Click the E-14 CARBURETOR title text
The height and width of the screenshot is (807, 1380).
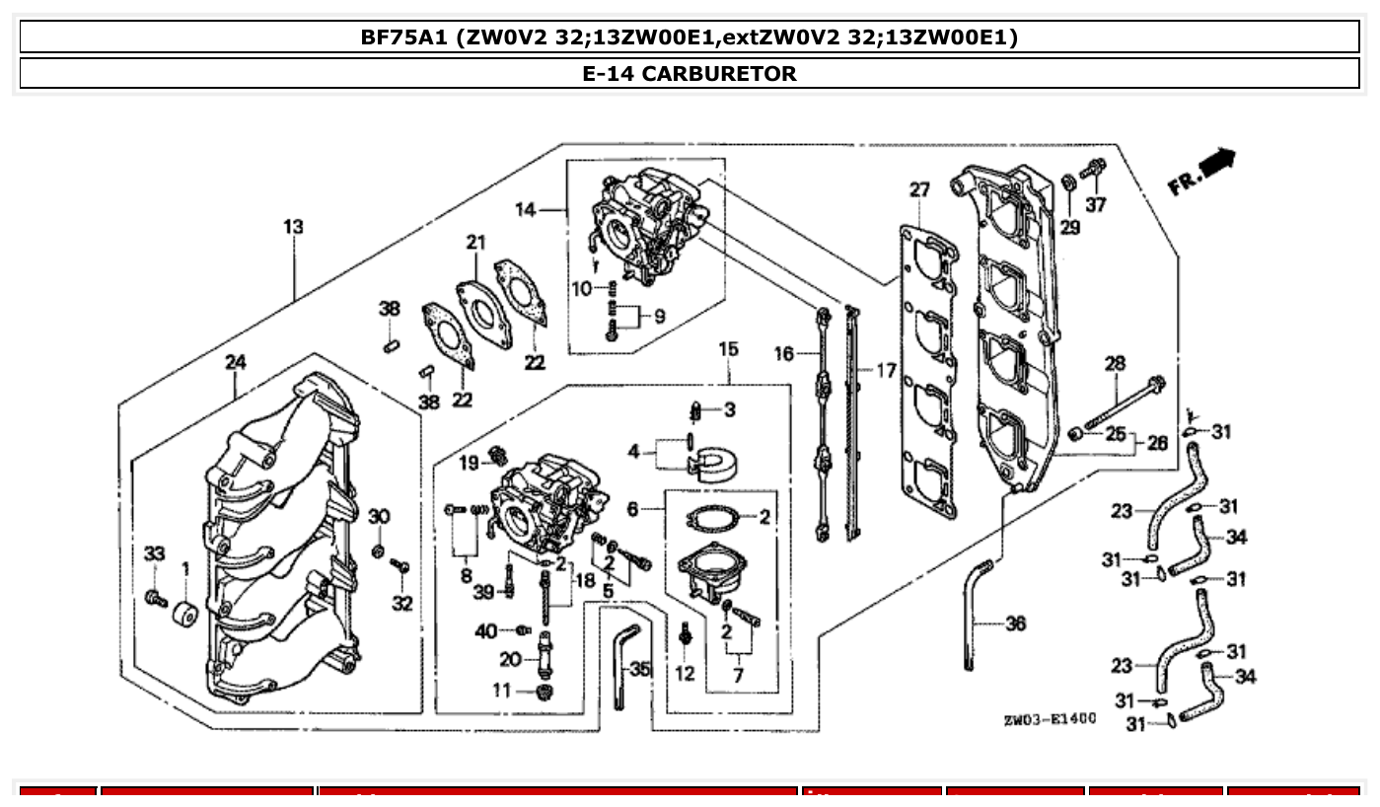tap(690, 74)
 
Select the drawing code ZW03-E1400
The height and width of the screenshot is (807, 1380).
tap(1050, 719)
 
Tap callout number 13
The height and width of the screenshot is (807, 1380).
tap(293, 227)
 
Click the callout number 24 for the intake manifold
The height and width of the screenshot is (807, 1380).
tap(235, 362)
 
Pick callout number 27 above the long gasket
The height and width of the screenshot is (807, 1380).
tap(919, 189)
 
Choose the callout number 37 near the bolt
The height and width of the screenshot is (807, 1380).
tap(1095, 204)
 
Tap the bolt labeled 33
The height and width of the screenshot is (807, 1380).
tap(155, 598)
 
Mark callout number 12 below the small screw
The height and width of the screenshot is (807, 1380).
tap(685, 674)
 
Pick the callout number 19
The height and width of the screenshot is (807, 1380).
tap(468, 462)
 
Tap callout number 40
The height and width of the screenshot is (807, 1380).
tap(485, 630)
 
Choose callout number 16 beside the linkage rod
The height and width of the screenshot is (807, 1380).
tap(784, 353)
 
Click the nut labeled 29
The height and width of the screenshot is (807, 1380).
tap(1069, 183)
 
